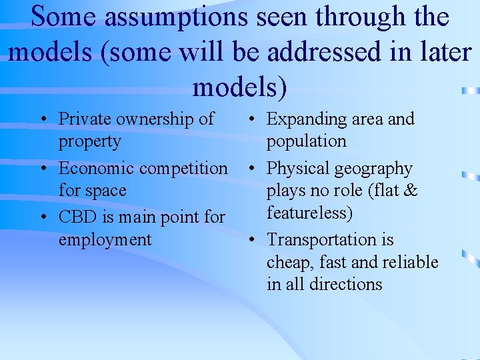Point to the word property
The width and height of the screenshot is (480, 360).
(90, 142)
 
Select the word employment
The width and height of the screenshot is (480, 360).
(105, 240)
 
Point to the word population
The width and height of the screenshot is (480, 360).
(307, 142)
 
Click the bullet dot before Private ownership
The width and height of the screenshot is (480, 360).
(42, 120)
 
